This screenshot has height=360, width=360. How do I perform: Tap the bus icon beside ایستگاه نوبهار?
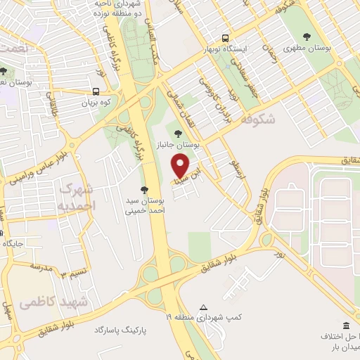click(x=225, y=39)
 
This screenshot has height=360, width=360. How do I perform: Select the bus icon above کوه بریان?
click(x=95, y=91)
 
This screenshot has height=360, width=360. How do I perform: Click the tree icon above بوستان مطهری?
click(x=306, y=37)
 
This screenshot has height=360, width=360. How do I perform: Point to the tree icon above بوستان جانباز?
click(x=177, y=131)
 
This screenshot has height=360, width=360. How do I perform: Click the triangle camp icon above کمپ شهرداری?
click(x=204, y=307)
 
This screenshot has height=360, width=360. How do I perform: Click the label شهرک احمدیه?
click(x=76, y=197)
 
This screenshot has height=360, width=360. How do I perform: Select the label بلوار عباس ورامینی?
click(x=41, y=163)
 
